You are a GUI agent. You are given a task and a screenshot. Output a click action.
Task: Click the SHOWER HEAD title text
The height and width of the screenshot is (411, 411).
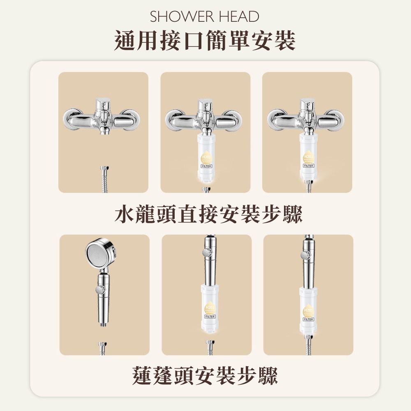205,17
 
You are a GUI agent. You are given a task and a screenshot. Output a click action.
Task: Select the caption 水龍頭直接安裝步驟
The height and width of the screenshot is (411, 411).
208,214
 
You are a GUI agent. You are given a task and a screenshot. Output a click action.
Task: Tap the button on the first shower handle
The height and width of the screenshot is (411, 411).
98,290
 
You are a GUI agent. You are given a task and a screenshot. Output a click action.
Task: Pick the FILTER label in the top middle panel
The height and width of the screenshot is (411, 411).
206,166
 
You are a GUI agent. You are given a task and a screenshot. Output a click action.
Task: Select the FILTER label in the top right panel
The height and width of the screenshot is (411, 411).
308,166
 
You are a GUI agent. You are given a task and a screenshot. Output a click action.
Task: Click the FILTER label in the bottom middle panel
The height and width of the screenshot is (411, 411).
210,317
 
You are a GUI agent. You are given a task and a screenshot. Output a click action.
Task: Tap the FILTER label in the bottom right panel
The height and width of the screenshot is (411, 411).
308,319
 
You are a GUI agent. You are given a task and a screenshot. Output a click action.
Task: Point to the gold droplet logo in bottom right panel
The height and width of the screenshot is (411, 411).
308,310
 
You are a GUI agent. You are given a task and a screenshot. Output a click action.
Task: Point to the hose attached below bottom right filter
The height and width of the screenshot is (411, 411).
309,345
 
